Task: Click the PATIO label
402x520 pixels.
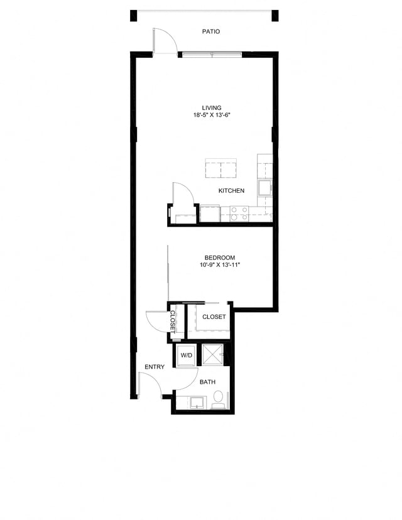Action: pos(211,31)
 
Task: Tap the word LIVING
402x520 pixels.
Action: pos(211,107)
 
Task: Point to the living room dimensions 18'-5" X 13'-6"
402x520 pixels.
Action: pos(214,116)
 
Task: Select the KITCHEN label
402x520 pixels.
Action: pos(231,190)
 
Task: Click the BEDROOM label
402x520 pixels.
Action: pos(220,257)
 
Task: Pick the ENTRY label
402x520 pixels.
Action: pos(155,367)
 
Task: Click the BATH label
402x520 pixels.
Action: pos(207,382)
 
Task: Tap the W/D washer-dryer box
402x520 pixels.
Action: pos(187,356)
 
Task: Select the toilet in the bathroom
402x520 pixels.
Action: pos(219,398)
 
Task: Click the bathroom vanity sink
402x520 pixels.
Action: pos(197,402)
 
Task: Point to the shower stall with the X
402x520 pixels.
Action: pos(213,355)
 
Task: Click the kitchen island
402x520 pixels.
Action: pos(220,170)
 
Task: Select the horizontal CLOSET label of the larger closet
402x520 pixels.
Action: pos(214,317)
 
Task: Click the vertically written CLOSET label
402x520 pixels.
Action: pos(172,321)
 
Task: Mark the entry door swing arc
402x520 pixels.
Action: pos(151,383)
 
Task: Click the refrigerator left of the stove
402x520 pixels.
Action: pos(210,214)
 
